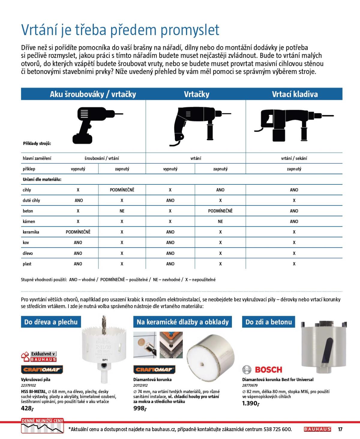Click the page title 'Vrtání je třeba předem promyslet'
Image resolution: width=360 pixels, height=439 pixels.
click(x=120, y=30)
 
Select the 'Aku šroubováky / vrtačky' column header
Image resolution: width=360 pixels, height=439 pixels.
click(x=93, y=94)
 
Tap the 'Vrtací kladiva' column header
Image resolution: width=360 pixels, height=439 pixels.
click(x=295, y=94)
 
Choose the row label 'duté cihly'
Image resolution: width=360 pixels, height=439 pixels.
click(x=31, y=200)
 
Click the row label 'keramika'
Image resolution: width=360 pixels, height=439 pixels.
click(x=31, y=232)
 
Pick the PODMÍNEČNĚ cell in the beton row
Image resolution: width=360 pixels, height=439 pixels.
click(x=220, y=211)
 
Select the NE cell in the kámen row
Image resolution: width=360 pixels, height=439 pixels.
click(x=220, y=221)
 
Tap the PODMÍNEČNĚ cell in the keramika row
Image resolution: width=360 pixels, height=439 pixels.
click(x=78, y=232)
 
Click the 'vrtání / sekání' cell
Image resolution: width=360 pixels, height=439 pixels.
click(x=294, y=158)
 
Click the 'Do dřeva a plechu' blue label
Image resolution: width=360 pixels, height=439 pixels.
click(x=51, y=322)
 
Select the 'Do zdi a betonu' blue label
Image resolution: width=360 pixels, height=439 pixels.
click(x=268, y=322)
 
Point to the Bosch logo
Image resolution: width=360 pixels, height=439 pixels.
click(x=262, y=369)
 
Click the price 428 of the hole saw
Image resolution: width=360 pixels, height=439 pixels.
click(x=27, y=408)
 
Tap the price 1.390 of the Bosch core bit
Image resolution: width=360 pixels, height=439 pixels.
click(x=250, y=403)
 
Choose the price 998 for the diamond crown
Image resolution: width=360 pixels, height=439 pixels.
click(x=139, y=408)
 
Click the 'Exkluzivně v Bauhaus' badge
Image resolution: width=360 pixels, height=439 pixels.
click(x=39, y=357)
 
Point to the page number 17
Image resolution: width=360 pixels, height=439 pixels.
click(x=340, y=429)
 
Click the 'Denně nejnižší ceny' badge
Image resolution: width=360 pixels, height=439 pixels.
click(x=42, y=426)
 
